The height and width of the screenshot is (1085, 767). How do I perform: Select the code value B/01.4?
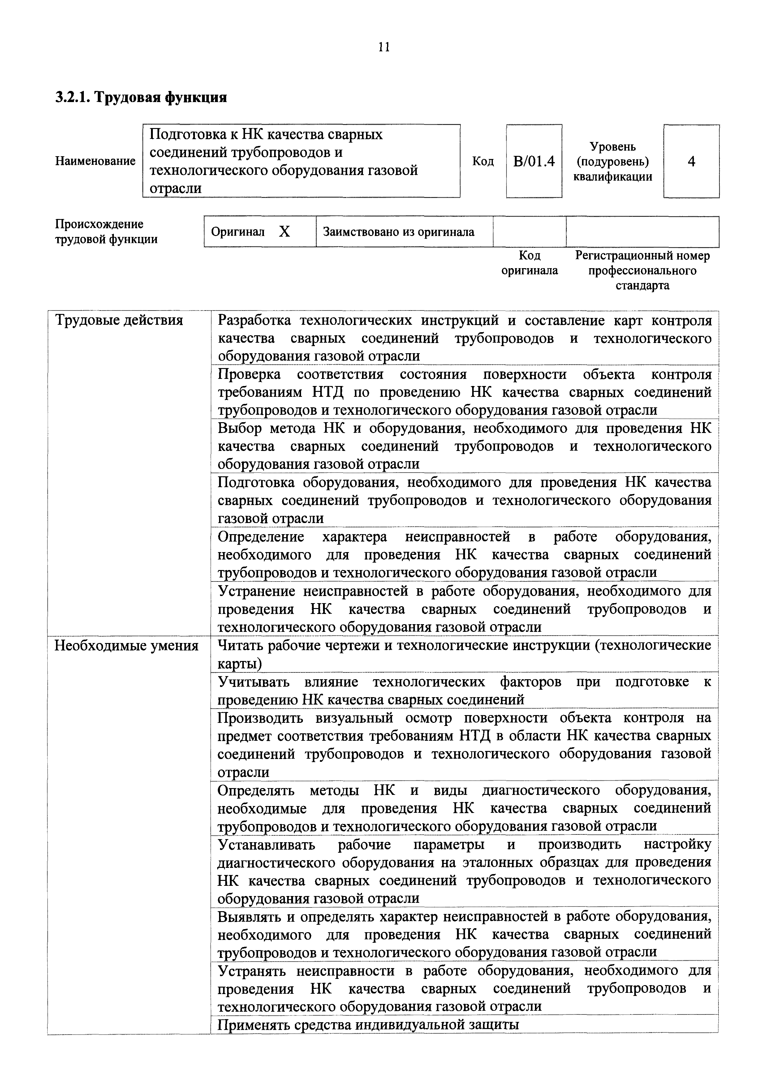coord(533,162)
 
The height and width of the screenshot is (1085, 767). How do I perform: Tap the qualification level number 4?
coord(692,162)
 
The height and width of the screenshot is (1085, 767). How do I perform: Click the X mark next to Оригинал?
coord(285,232)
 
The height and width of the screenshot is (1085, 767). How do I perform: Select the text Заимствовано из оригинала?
coord(399,232)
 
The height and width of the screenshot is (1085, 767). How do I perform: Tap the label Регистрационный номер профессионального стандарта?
coord(642,270)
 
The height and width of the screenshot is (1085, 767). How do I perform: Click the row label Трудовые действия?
coord(119,320)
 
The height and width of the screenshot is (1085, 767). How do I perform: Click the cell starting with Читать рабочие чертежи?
coord(464,654)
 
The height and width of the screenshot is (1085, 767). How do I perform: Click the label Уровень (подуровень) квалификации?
coord(613,162)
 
